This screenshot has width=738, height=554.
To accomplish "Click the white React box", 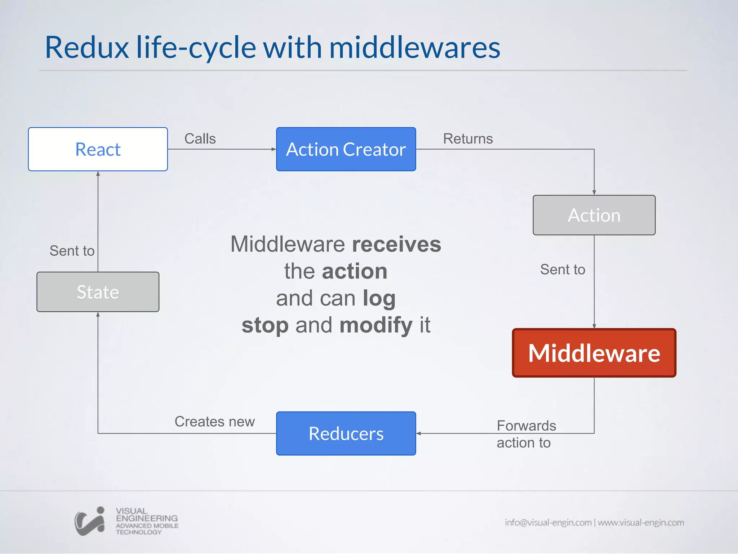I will (x=98, y=149).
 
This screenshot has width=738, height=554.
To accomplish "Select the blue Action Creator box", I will (x=346, y=149).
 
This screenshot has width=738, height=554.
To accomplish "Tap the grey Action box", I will (x=594, y=215).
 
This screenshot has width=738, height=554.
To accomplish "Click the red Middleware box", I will (x=594, y=353).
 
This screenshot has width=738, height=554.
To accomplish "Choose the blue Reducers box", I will (x=346, y=433).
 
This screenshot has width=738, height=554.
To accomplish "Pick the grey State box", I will (x=98, y=292).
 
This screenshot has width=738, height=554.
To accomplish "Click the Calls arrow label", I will (x=200, y=139).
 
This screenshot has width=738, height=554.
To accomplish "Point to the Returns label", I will (x=468, y=139).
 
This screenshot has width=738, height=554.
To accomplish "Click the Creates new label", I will (x=214, y=422).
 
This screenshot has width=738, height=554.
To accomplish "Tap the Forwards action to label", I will (x=526, y=434).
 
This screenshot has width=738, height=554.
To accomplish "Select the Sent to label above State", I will (x=72, y=251).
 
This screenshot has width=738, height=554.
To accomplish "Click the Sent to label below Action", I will (x=563, y=269).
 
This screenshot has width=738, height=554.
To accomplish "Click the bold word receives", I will (x=396, y=244).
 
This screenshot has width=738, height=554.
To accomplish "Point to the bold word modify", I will (x=376, y=325).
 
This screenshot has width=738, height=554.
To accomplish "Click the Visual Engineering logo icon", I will (x=90, y=521).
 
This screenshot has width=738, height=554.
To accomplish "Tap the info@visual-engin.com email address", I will (x=548, y=522).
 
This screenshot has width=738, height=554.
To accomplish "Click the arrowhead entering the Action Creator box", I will (x=274, y=149).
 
